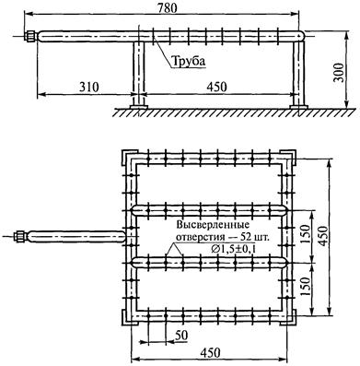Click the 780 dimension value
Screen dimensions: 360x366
pyautogui.click(x=168, y=7)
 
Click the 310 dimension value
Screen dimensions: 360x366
pyautogui.click(x=89, y=87)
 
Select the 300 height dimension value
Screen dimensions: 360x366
pyautogui.click(x=339, y=73)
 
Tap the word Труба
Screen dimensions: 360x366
pyautogui.click(x=188, y=61)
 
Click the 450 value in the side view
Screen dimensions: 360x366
pyautogui.click(x=216, y=87)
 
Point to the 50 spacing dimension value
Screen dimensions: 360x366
pyautogui.click(x=181, y=336)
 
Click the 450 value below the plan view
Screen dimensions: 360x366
pyautogui.click(x=210, y=352)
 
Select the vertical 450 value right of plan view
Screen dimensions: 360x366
pyautogui.click(x=323, y=235)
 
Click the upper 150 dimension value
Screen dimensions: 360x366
pyautogui.click(x=305, y=234)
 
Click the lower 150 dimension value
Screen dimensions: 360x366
pyautogui.click(x=305, y=287)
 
